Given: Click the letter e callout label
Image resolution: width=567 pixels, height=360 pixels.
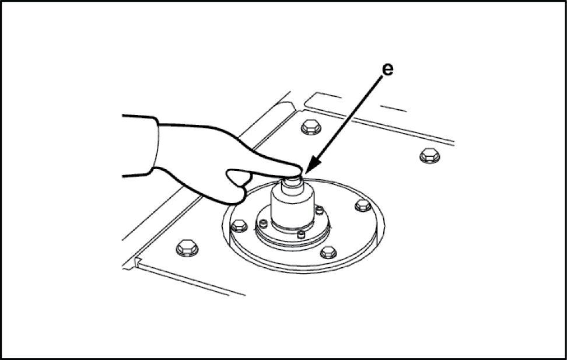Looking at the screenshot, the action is [x=388, y=69].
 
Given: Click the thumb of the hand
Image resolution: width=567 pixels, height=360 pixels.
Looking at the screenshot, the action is [x=239, y=177].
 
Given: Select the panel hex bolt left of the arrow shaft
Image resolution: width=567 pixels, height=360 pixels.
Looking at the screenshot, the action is [x=311, y=127].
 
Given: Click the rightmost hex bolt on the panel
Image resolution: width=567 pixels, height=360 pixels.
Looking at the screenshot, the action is [x=430, y=156].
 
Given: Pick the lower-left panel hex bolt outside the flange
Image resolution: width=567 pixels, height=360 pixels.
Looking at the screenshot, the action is [x=187, y=248].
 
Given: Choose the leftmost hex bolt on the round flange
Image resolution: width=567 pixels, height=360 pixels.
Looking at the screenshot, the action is [x=239, y=226].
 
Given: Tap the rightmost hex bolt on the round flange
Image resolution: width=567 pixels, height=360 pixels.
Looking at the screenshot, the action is [x=363, y=205].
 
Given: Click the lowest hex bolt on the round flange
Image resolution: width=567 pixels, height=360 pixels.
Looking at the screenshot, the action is [x=328, y=252].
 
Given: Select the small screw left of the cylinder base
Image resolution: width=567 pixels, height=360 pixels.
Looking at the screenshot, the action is [x=264, y=223].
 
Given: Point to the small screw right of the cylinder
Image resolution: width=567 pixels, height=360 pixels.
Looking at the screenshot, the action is [x=319, y=210].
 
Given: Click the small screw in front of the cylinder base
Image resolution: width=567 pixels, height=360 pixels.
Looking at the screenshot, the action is [x=301, y=235].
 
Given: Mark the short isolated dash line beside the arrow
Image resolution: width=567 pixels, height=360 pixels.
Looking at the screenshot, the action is [x=393, y=109].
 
